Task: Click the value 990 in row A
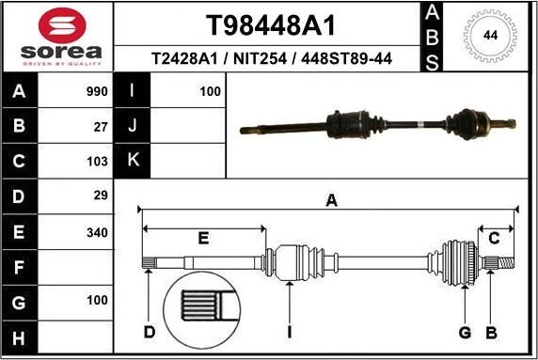click(x=97, y=92)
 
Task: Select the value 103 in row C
click(x=98, y=161)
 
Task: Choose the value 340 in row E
click(x=97, y=231)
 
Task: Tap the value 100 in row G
click(x=97, y=302)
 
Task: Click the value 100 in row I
click(x=210, y=92)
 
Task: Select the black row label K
click(x=133, y=161)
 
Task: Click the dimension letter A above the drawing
click(x=330, y=199)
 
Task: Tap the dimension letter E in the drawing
click(x=203, y=238)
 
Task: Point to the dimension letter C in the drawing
click(x=493, y=238)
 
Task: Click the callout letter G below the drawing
click(x=464, y=332)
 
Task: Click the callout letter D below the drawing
click(x=150, y=332)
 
